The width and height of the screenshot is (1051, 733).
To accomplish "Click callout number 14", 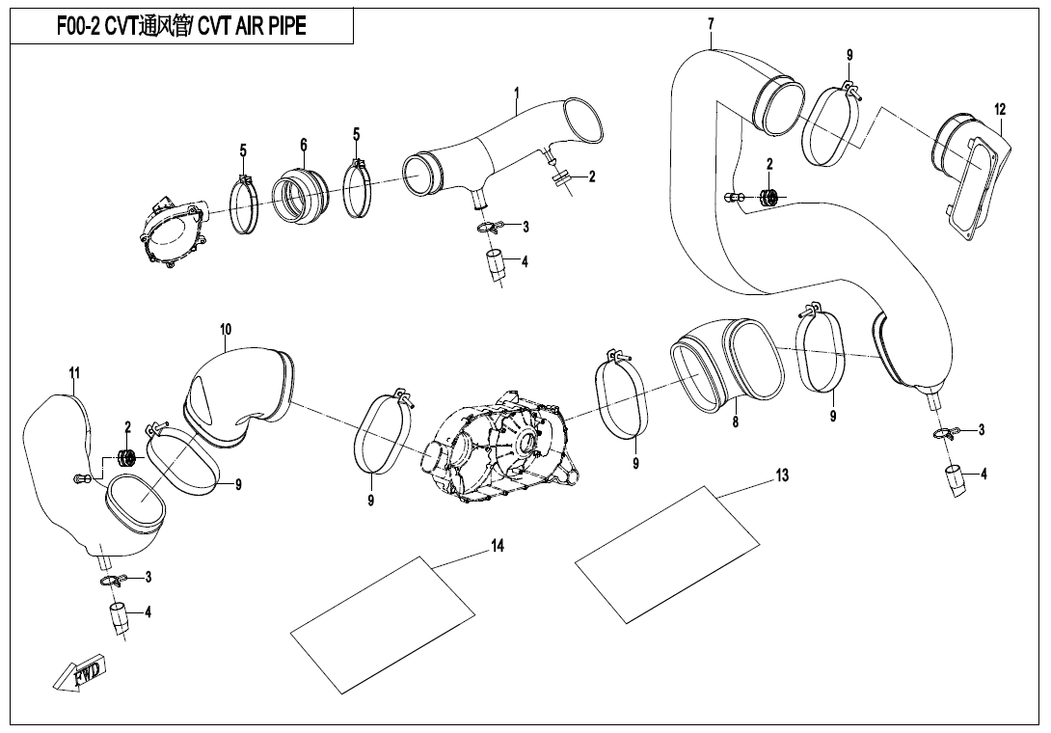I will (498, 547).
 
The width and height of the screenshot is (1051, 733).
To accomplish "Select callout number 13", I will (781, 475).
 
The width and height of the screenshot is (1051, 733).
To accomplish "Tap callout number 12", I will (1000, 109).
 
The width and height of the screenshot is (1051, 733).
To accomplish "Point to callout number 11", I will (74, 372).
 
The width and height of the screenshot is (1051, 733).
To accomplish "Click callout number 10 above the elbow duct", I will (225, 330).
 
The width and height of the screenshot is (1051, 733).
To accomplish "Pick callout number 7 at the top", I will (711, 23).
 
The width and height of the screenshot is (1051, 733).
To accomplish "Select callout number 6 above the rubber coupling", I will (303, 145).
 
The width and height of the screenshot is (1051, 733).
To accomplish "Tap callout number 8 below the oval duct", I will (735, 421).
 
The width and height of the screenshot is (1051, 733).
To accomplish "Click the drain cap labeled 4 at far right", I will (954, 479).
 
